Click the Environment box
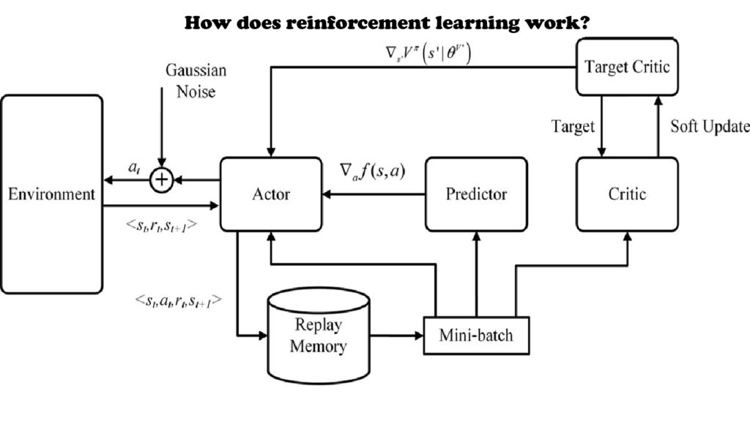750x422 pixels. click(51, 194)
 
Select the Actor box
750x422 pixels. click(270, 194)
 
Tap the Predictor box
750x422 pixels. click(476, 194)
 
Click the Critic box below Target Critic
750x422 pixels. click(627, 194)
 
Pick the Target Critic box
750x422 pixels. click(627, 67)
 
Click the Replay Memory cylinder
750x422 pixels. click(317, 334)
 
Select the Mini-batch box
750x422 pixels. click(476, 336)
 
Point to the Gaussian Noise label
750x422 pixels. click(196, 81)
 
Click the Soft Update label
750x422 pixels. click(710, 126)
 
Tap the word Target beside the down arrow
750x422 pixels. click(572, 127)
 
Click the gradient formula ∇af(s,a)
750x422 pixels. click(373, 171)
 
